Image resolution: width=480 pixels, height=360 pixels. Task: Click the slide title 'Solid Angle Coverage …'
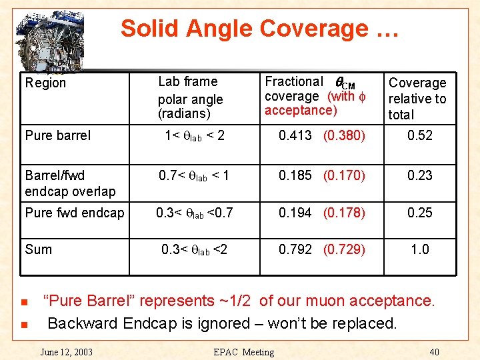[x=259, y=29]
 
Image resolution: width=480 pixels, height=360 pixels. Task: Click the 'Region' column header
[x=45, y=83]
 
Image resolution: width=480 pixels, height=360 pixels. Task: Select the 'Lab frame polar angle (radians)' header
[x=190, y=97]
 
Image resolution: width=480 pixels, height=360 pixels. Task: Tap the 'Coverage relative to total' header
[x=417, y=99]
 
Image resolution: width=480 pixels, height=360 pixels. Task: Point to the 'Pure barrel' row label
[x=57, y=135]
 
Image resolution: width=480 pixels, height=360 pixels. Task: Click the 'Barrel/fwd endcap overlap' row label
[x=70, y=183]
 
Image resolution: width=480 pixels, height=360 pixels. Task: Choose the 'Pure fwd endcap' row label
[x=74, y=213]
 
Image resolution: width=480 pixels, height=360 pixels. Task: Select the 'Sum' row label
[x=38, y=249]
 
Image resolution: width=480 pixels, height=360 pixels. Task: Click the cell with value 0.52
[x=420, y=135]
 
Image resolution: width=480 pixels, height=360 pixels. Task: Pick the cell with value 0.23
[x=420, y=175]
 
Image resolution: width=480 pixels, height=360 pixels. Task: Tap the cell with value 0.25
[x=420, y=213]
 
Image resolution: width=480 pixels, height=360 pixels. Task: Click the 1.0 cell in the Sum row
[x=420, y=249]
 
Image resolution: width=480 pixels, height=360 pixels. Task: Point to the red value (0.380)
[x=344, y=135]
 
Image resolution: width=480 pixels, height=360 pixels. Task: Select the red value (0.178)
[x=344, y=213]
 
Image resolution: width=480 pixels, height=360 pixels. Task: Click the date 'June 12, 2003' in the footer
[x=66, y=352]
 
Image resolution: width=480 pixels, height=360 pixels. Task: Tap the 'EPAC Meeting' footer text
[x=243, y=352]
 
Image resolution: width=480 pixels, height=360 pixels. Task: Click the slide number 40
[x=435, y=352]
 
